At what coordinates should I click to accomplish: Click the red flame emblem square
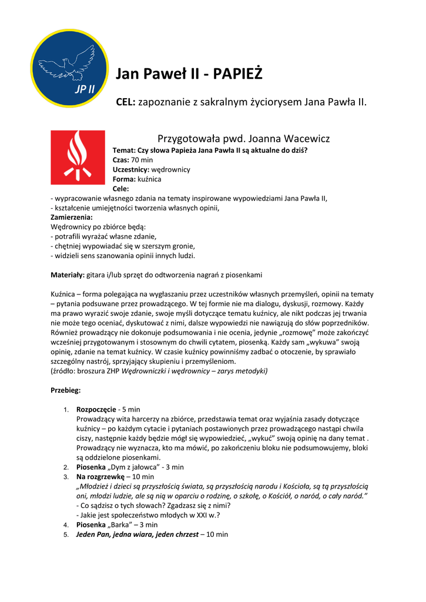(x=78, y=157)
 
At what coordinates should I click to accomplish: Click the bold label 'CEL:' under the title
(x=126, y=102)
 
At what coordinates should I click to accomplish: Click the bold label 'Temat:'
(x=125, y=150)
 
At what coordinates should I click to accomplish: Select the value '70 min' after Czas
(x=142, y=159)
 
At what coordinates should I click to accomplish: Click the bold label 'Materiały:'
(x=68, y=275)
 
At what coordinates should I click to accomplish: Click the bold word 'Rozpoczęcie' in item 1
(x=96, y=409)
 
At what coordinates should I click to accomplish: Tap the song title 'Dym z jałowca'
(x=128, y=467)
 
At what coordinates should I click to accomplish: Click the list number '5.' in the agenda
(x=66, y=535)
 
